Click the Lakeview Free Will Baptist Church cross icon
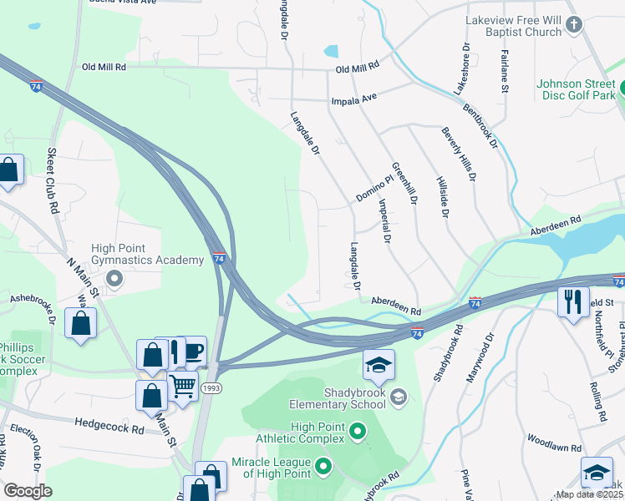click(x=573, y=25)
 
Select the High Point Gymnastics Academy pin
click(x=115, y=278)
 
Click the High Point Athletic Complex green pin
click(x=358, y=432)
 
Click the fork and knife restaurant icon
click(x=572, y=301)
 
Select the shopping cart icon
click(x=182, y=386)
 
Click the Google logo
click(x=28, y=490)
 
